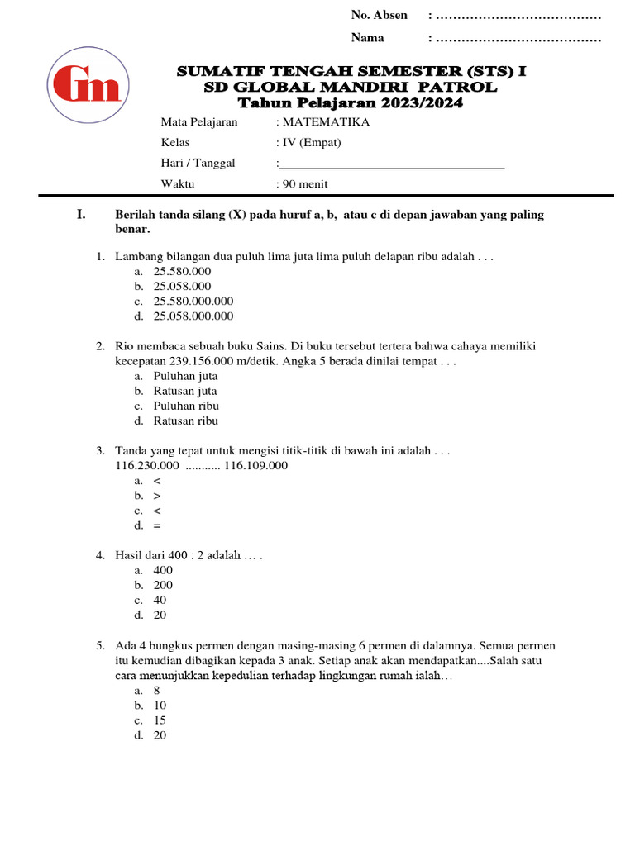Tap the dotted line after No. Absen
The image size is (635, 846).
518,16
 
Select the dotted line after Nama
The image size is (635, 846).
518,38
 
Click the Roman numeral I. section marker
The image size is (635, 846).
81,215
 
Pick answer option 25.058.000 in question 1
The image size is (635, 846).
182,286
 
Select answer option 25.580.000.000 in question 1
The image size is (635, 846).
193,301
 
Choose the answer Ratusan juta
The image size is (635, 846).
185,391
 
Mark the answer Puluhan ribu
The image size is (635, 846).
186,406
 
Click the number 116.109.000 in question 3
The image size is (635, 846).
256,465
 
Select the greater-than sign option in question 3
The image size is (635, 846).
157,496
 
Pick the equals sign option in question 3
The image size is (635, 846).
157,525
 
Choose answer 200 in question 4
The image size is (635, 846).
163,585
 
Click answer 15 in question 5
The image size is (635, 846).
160,720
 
